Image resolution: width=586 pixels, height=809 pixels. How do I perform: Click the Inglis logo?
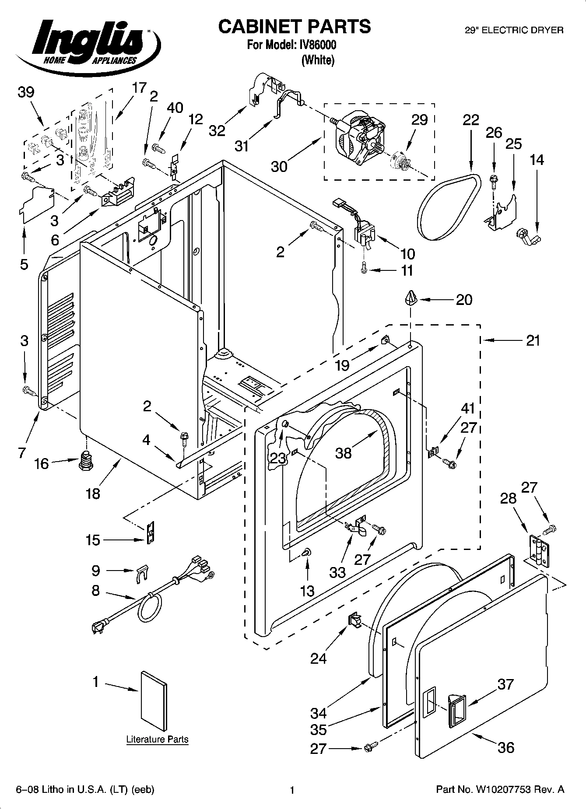(88, 44)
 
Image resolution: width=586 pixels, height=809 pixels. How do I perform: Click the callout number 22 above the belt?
(470, 120)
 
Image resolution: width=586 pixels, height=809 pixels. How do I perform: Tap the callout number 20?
(464, 300)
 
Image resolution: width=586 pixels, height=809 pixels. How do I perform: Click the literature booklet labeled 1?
(154, 704)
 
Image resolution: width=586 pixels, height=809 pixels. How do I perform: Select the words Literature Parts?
(157, 739)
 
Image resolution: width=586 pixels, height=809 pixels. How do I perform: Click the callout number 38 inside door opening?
(344, 453)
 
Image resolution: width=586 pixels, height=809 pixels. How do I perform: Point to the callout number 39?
(26, 92)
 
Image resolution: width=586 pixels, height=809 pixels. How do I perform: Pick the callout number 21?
(533, 340)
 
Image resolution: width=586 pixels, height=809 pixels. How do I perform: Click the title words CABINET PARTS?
(294, 27)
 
